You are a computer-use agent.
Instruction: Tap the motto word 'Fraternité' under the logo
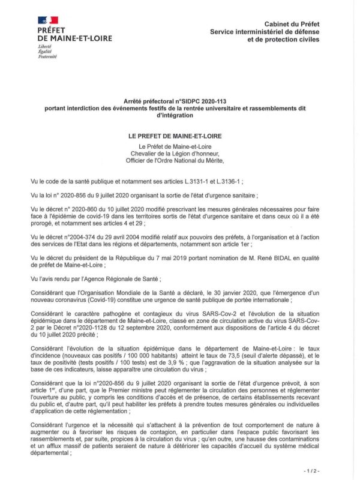(x=47, y=56)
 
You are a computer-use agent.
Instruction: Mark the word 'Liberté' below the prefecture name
(x=45, y=46)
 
